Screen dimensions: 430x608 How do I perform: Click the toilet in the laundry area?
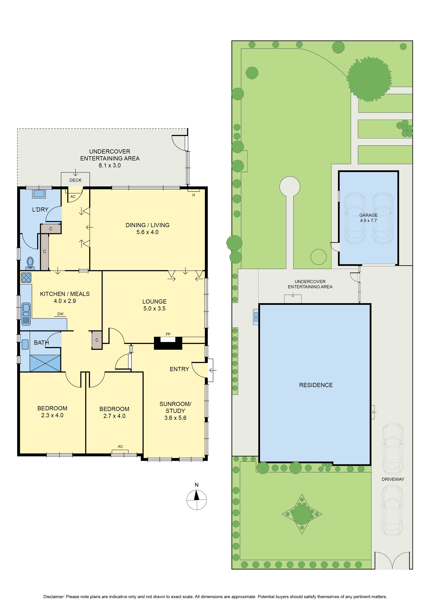(x=30, y=263)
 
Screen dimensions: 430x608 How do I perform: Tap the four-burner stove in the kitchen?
(x=26, y=278)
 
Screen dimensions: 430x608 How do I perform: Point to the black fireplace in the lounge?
(x=168, y=343)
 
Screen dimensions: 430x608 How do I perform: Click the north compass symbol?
(x=196, y=500)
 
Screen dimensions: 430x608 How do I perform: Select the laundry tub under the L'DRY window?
(x=39, y=193)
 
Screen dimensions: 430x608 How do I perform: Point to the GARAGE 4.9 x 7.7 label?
(x=368, y=218)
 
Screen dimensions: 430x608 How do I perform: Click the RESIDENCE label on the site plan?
(x=316, y=385)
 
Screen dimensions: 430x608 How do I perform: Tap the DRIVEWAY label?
(x=393, y=479)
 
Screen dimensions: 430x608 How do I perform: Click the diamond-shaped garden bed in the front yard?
(x=302, y=514)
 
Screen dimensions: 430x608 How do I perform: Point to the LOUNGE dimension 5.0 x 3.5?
(x=154, y=308)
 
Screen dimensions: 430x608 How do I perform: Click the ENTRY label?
(x=179, y=369)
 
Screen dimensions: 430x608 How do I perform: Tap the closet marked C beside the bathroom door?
(x=97, y=340)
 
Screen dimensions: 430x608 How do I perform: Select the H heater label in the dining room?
(x=194, y=195)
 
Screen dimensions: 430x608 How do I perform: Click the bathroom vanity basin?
(x=25, y=344)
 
